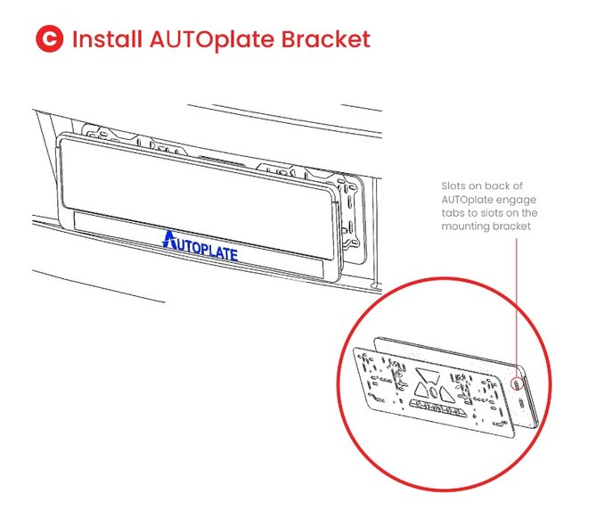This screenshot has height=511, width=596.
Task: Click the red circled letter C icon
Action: [49, 40]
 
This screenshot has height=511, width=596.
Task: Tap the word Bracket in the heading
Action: [325, 40]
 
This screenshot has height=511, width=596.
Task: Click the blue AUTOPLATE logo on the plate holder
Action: [200, 245]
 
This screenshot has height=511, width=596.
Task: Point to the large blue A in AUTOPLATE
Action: [169, 240]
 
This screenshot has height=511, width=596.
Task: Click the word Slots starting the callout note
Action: [454, 186]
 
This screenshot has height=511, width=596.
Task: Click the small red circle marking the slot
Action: [519, 383]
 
